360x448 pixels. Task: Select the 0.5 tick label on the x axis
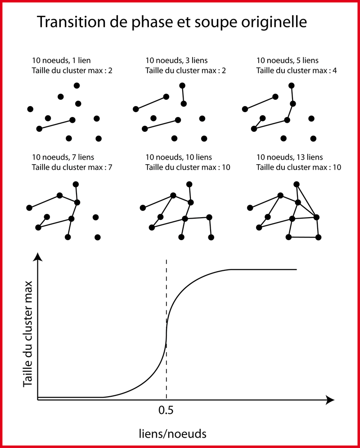click(166, 410)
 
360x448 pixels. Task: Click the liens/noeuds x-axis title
click(172, 433)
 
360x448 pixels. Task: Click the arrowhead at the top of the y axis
click(38, 257)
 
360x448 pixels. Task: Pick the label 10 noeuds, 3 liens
click(176, 60)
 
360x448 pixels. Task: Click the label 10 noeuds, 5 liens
click(287, 60)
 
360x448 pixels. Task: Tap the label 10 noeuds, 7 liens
click(66, 157)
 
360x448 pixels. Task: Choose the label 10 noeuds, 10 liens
click(179, 157)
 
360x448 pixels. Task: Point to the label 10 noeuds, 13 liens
click(289, 157)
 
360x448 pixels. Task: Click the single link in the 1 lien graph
click(56, 124)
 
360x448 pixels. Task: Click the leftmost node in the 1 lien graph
click(30, 109)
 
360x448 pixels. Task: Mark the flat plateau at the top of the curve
click(263, 269)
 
